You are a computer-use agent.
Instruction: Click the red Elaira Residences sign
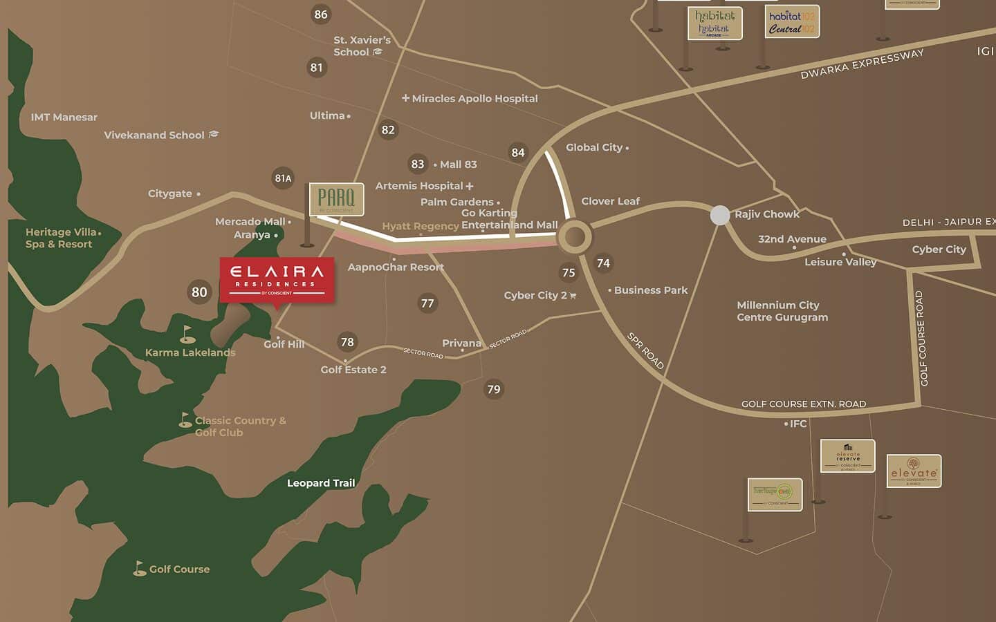(277, 280)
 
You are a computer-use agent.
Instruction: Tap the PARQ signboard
(336, 199)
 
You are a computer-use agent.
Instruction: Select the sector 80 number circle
(199, 292)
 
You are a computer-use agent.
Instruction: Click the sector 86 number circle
(320, 15)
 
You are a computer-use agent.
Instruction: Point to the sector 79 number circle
(493, 389)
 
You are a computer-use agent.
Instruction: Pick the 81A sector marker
(283, 178)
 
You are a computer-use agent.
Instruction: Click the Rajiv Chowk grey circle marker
(720, 215)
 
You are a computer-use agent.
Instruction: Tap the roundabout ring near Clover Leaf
(575, 237)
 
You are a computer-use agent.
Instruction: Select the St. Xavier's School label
(361, 46)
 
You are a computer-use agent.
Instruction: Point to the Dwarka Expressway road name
(862, 64)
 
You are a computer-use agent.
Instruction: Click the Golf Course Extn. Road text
(803, 404)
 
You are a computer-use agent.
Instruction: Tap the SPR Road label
(645, 350)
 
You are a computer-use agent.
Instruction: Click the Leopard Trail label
(321, 483)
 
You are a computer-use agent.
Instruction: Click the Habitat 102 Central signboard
(792, 22)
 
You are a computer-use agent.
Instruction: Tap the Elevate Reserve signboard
(847, 456)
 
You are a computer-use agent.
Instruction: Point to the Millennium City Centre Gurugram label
(782, 311)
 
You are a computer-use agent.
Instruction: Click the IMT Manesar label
(64, 117)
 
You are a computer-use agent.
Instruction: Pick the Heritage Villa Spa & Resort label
(61, 238)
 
